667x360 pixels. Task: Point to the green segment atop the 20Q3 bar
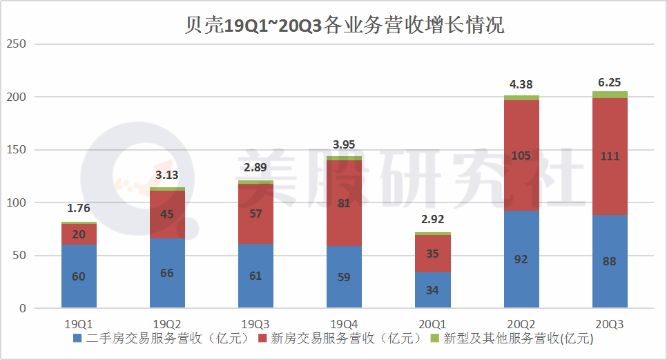click(x=610, y=95)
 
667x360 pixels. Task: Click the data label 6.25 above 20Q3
click(x=609, y=82)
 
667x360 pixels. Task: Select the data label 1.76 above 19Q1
click(x=79, y=208)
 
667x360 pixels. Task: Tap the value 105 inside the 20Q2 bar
click(x=521, y=155)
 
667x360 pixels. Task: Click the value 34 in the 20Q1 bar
click(x=432, y=290)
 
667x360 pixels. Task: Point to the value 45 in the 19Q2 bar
click(x=167, y=214)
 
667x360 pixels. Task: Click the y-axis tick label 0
click(x=21, y=309)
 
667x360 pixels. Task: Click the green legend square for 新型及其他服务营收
click(x=434, y=339)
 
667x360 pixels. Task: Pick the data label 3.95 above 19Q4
click(x=344, y=144)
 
